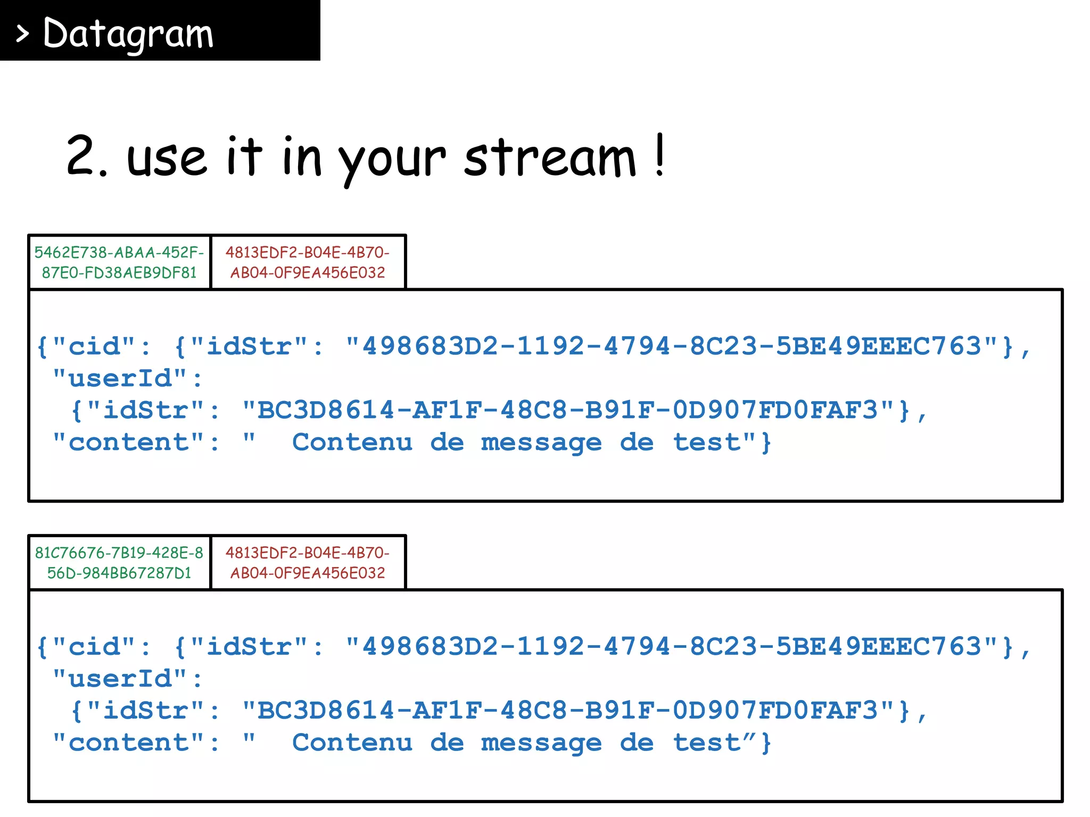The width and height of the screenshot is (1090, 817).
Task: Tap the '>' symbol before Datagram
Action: (22, 34)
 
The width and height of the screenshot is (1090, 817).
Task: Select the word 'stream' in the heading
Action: (550, 157)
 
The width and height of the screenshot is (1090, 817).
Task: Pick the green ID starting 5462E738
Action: (119, 262)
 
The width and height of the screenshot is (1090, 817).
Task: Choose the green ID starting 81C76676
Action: (119, 563)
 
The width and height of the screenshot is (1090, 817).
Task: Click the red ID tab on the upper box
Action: (308, 262)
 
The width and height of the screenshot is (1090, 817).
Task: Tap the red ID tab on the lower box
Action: (308, 563)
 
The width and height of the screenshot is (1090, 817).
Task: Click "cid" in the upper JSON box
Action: (94, 346)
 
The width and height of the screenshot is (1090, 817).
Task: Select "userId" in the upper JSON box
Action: (120, 378)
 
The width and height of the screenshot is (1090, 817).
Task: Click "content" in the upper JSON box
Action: (129, 442)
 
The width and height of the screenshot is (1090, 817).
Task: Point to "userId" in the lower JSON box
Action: (120, 679)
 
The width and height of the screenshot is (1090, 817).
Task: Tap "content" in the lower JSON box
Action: (129, 743)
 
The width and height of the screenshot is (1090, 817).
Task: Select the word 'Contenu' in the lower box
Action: (352, 743)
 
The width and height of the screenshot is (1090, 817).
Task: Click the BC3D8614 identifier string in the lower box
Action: (567, 711)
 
